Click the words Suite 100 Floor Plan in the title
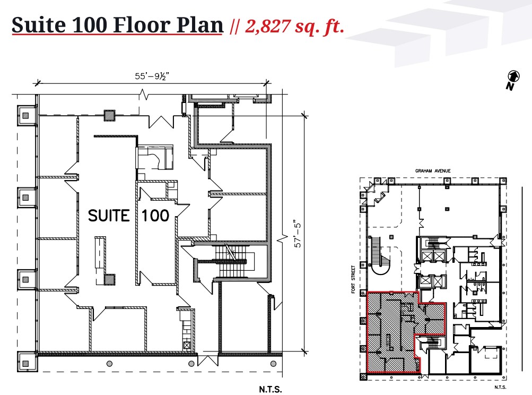(117, 25)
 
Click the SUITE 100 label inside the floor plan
(128, 216)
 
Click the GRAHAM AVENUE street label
(433, 170)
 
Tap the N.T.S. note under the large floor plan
(270, 389)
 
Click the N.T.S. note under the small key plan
(500, 387)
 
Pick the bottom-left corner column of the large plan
(25, 364)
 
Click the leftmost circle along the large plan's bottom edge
(109, 364)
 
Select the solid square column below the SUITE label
(110, 279)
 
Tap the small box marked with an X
(187, 345)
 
